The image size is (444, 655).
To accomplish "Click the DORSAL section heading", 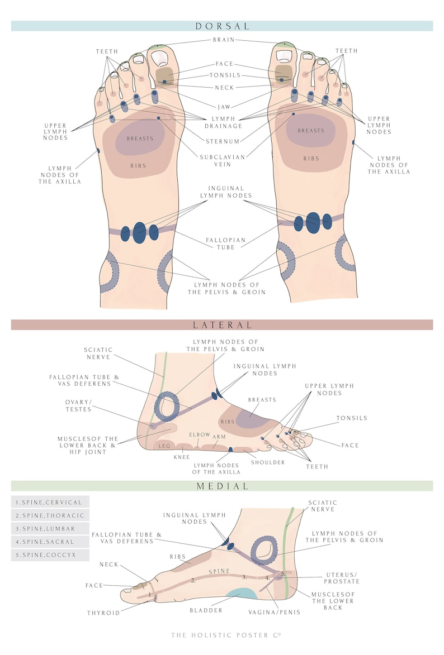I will (x=222, y=26).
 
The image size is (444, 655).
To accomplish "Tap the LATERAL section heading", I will (x=222, y=324).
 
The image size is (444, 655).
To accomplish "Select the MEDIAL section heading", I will (x=222, y=486).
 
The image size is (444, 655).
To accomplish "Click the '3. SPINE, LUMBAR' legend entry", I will (x=50, y=528).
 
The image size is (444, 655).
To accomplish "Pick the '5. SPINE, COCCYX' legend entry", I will (x=50, y=555).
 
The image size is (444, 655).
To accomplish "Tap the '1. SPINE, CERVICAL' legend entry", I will (x=50, y=502).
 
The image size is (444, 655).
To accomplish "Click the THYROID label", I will (x=103, y=613).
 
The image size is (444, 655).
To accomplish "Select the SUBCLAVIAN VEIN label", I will (x=223, y=161).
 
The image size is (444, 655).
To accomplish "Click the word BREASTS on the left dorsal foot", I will (x=139, y=138).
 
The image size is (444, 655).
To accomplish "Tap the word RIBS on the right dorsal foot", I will (x=311, y=159).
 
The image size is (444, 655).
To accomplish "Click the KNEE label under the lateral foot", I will (x=181, y=457).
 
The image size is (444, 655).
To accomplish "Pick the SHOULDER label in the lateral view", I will (x=268, y=462).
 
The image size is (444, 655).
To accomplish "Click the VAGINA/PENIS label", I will (x=274, y=612).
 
